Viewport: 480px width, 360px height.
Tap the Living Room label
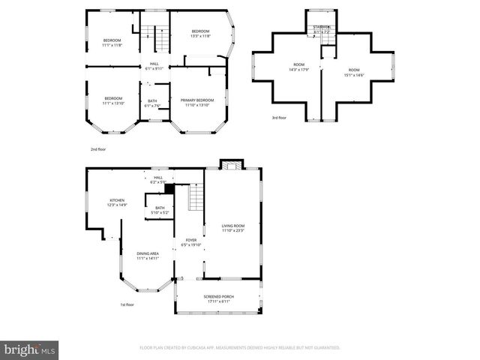coord(232,228)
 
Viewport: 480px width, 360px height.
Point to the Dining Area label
coord(148,256)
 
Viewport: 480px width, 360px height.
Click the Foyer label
coord(190,242)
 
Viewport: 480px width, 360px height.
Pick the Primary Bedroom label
coord(197,102)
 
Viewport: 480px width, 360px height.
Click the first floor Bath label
coord(160,210)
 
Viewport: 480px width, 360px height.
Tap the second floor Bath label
coord(152,103)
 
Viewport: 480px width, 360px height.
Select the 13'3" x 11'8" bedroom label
coord(200,33)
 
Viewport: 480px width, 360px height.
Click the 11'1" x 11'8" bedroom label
coord(112,42)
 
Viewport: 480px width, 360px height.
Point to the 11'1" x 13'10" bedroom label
coord(113,100)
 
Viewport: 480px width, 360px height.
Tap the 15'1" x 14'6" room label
coord(353,72)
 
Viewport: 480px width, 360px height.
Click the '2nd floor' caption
coord(99,149)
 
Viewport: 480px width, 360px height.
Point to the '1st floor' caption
coord(127,304)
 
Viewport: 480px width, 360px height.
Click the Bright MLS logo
coord(30,349)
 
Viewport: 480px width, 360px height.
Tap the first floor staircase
coord(195,199)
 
